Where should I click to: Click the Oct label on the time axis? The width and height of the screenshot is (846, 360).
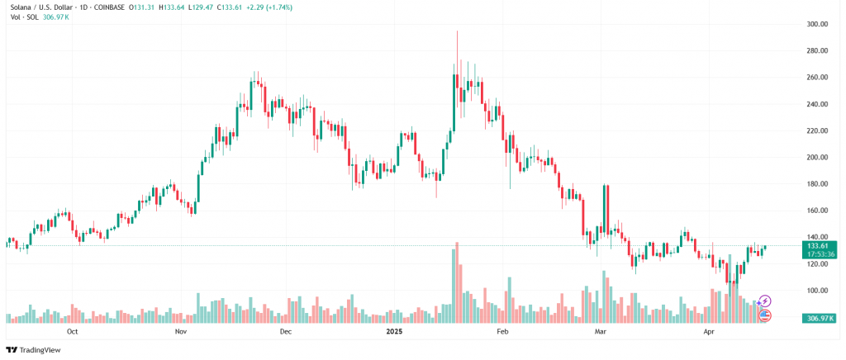tap(72, 332)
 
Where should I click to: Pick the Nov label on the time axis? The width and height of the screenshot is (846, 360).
tap(183, 332)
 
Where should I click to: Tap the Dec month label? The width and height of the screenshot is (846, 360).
tap(286, 332)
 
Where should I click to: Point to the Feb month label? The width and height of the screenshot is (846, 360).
tap(501, 332)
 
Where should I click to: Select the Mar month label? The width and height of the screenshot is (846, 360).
tap(601, 332)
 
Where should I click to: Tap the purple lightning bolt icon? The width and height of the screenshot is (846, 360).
tap(765, 301)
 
